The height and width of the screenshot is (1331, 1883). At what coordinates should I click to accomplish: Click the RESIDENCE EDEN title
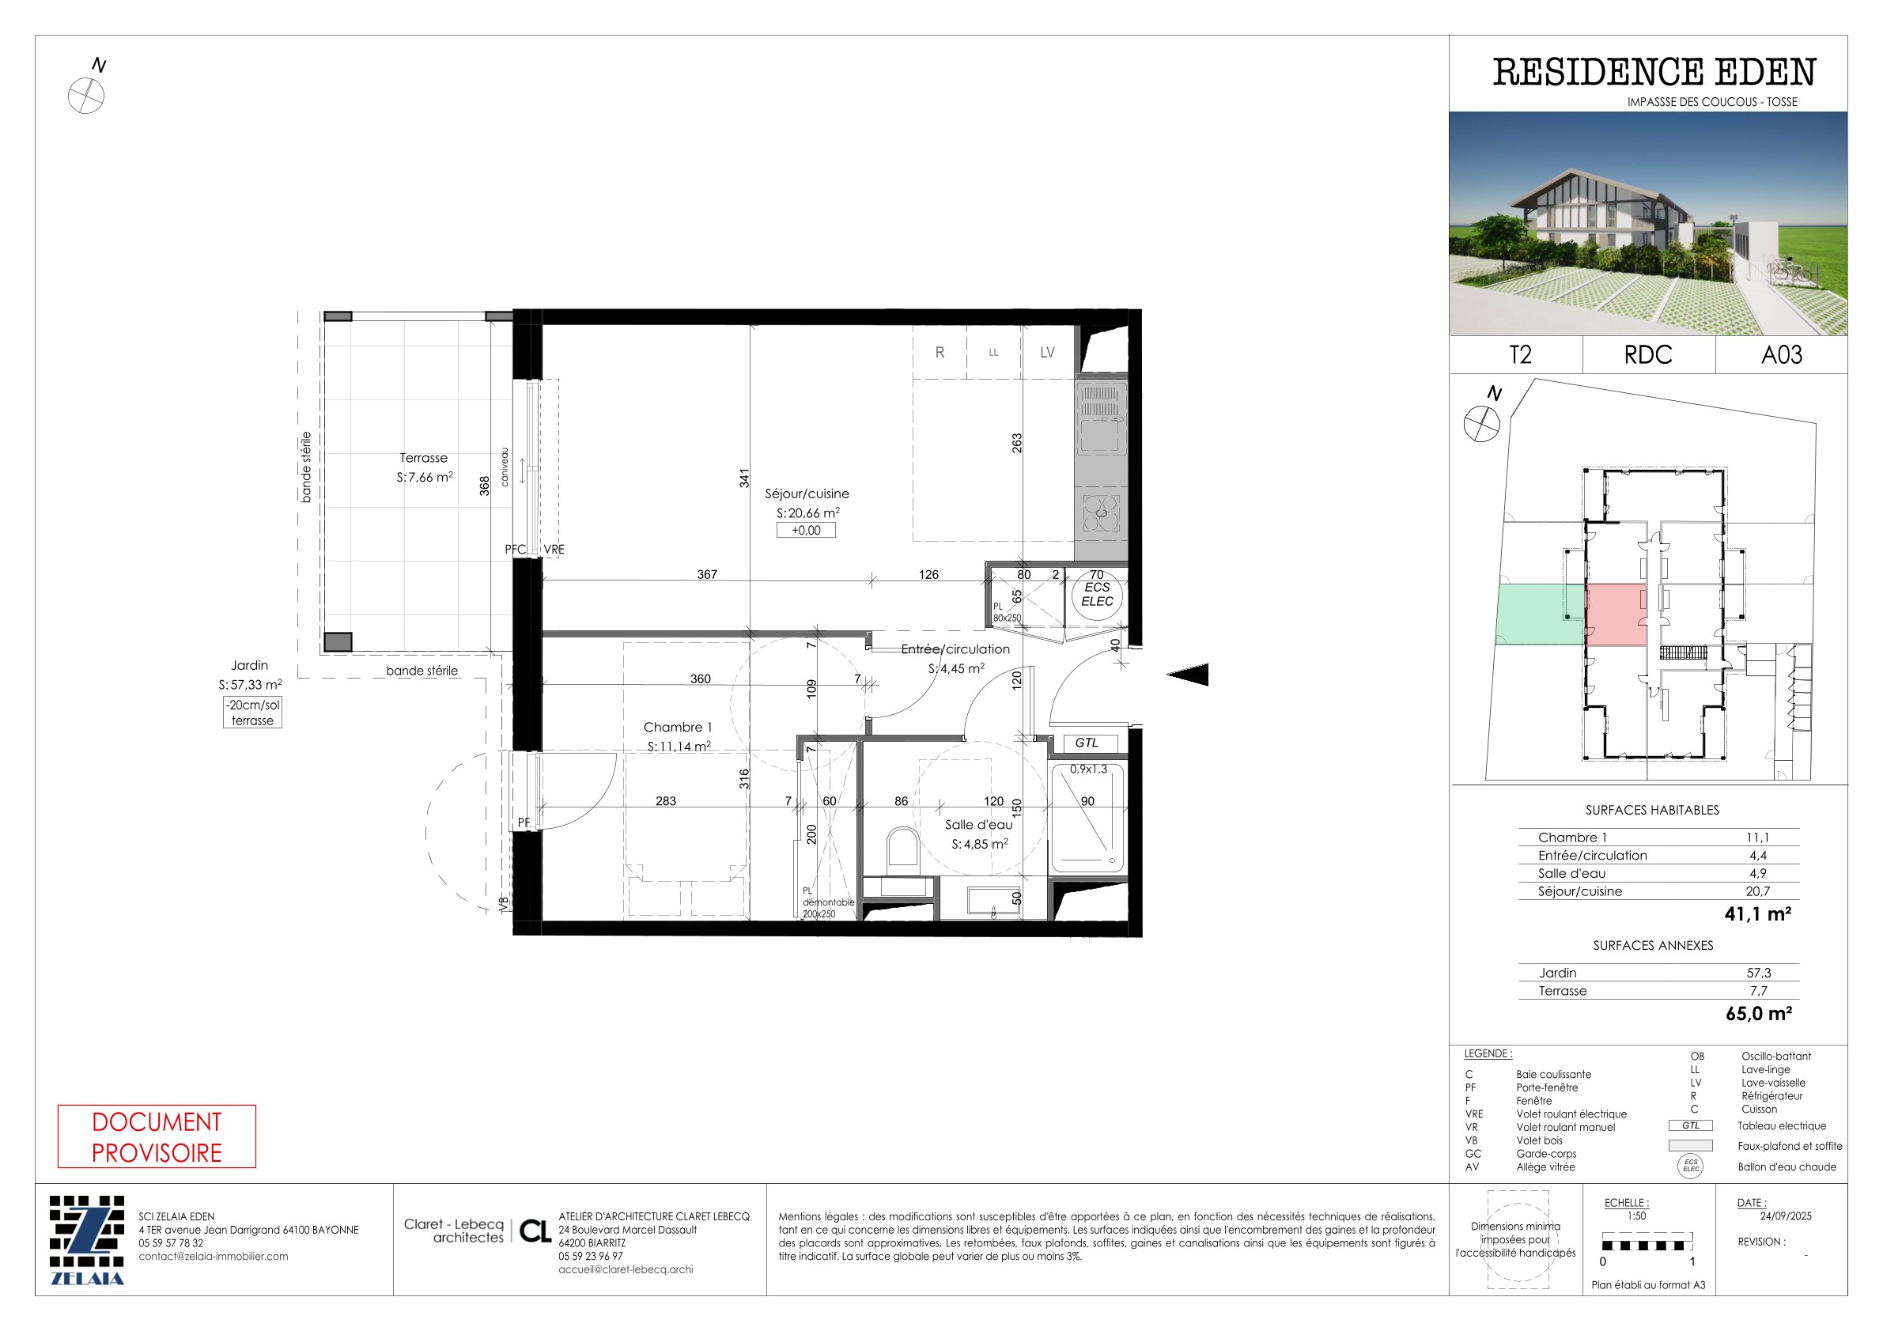(x=1654, y=72)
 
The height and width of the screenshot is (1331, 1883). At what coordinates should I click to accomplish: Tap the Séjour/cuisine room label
(x=807, y=493)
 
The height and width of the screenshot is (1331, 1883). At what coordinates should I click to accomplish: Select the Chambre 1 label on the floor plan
(x=678, y=728)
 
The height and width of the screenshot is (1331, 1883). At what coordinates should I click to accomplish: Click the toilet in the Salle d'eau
(x=903, y=846)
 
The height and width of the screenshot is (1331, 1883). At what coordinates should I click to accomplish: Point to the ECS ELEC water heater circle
(x=1098, y=595)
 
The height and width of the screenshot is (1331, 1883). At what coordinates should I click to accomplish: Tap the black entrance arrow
(x=1188, y=674)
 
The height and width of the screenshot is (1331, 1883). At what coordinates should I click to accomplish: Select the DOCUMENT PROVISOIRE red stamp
(x=157, y=1136)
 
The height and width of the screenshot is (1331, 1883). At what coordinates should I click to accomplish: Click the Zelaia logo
(x=87, y=1240)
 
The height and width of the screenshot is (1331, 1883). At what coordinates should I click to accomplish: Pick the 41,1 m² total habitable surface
(x=1757, y=914)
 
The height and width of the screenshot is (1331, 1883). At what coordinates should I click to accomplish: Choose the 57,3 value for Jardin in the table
(x=1758, y=974)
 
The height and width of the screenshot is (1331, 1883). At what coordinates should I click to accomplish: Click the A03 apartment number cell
(x=1781, y=355)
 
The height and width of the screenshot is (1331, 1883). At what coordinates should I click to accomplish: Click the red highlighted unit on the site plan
(x=1616, y=615)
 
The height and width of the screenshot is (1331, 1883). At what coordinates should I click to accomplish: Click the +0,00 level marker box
(x=806, y=531)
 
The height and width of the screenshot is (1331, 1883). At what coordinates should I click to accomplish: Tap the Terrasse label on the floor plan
(x=424, y=459)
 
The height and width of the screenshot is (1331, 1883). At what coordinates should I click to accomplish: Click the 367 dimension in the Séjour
(x=707, y=575)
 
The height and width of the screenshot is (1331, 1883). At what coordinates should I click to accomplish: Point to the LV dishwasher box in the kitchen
(x=1047, y=353)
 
